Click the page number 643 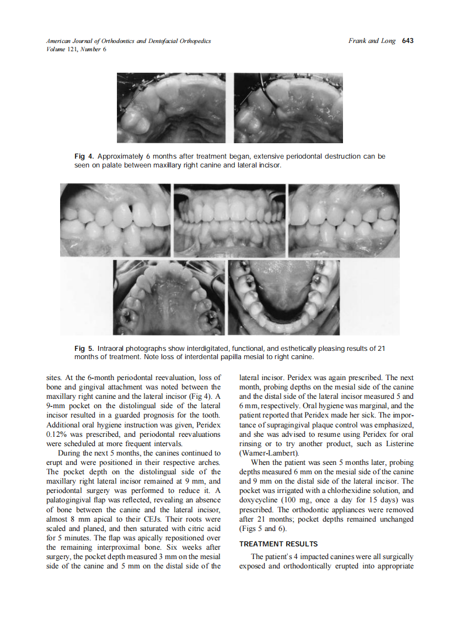tap(408, 41)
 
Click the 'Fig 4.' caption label tap(83, 156)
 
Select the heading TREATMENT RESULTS tap(278, 544)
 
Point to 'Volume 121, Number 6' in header tap(69, 49)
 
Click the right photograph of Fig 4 tap(288, 108)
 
